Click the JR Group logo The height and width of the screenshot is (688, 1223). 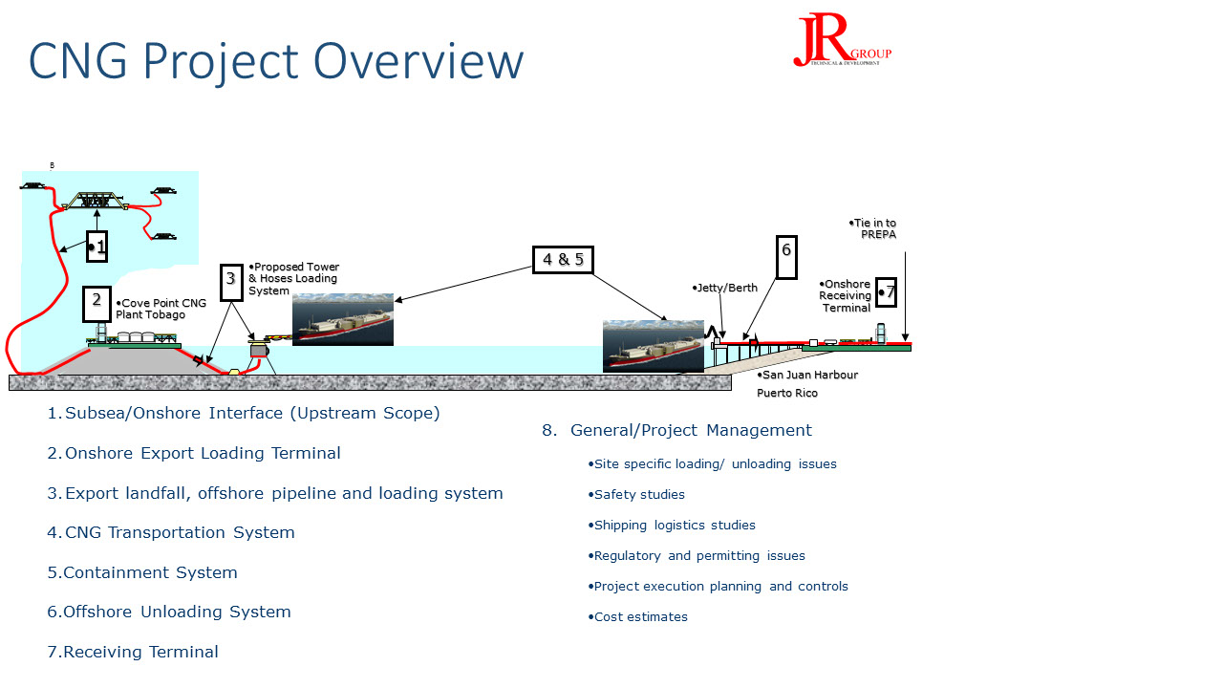coord(841,41)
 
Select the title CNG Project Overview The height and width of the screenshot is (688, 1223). coord(276,60)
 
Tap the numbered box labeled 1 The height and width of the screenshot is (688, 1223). coord(97,247)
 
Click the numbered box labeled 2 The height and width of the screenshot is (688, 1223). coord(97,302)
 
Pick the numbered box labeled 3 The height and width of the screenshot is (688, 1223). coord(229,280)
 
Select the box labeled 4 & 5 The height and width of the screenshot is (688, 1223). coord(563,259)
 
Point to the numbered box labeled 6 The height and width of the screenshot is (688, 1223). coord(786,256)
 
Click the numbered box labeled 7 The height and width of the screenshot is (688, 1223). coord(887,292)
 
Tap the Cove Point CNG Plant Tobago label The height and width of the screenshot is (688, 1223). coord(161,309)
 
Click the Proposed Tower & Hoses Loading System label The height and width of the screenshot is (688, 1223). coord(293,279)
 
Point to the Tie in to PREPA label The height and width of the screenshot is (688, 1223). coord(873,228)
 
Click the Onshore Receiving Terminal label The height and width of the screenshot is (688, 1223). coord(846,296)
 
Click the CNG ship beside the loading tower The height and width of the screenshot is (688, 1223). coord(343,319)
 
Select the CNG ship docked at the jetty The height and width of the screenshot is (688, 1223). coord(653,346)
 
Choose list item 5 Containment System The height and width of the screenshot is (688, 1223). coord(142,572)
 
